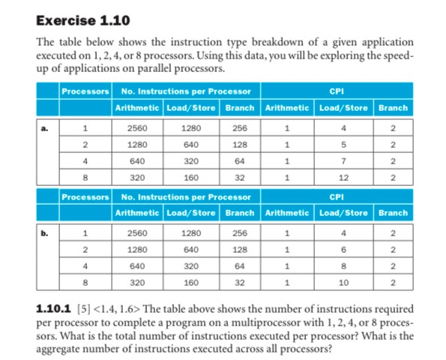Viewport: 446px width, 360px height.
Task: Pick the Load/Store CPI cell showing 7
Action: (344, 160)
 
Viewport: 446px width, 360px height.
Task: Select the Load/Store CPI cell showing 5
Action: (344, 144)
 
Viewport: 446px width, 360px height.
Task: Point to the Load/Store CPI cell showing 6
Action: (344, 249)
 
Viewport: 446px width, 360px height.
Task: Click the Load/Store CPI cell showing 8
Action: (344, 265)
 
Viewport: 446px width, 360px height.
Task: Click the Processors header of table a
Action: (85, 91)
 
